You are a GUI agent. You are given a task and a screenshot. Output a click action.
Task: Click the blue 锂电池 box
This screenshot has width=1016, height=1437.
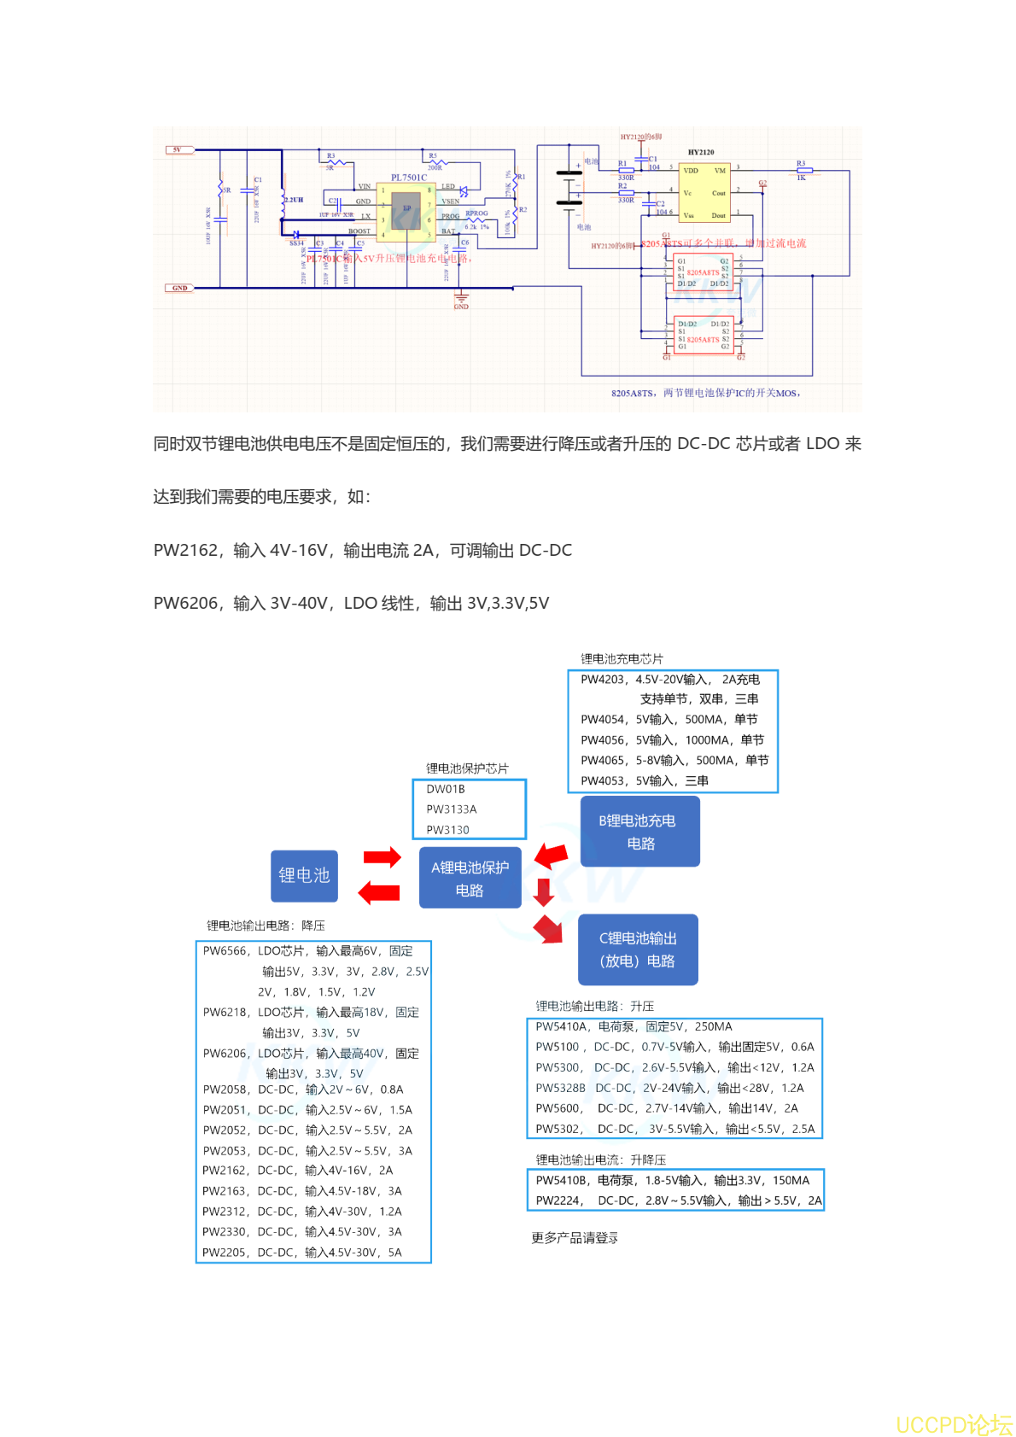(x=304, y=875)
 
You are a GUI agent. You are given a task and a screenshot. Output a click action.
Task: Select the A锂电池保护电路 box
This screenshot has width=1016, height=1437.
(x=470, y=878)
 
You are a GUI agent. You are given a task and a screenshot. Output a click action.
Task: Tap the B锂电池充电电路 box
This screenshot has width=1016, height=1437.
(x=639, y=832)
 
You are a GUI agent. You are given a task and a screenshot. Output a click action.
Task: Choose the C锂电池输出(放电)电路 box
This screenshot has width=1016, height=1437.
(x=638, y=949)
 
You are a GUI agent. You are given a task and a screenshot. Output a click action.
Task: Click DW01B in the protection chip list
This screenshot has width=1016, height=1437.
(x=446, y=789)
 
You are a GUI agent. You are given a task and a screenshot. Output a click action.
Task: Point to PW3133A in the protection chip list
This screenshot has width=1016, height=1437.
(x=452, y=809)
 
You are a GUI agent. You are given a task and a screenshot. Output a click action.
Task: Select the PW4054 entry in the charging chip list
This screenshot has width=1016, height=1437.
(x=604, y=720)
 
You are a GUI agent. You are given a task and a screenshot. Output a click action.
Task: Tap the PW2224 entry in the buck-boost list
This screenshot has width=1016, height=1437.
(x=558, y=1200)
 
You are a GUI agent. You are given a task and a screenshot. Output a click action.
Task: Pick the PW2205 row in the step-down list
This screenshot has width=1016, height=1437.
(x=225, y=1253)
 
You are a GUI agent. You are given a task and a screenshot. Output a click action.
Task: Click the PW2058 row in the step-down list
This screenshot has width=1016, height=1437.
(x=225, y=1089)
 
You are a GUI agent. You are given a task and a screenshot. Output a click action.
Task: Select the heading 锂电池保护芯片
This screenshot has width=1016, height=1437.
(x=467, y=768)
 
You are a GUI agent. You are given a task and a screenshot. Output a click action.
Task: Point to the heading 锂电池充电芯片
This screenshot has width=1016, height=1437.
(x=622, y=659)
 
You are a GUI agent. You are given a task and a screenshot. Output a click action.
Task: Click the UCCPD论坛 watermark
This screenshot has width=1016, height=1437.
(x=954, y=1424)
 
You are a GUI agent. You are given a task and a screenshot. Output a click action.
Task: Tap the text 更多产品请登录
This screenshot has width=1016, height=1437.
(x=575, y=1238)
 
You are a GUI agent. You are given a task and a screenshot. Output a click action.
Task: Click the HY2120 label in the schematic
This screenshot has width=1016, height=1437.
(x=701, y=152)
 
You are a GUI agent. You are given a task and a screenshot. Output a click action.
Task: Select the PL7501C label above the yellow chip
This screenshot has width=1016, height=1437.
(x=409, y=178)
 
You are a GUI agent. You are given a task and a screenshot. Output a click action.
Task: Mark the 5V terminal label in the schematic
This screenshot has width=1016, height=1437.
(x=177, y=150)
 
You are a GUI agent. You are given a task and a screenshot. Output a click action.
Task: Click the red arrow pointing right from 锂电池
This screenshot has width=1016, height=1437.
(x=382, y=857)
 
